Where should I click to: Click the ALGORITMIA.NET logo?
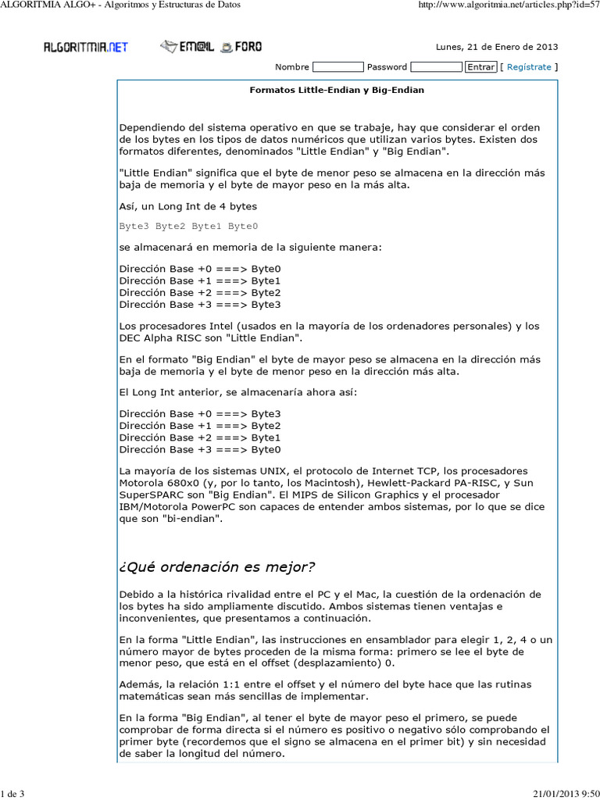click(x=85, y=47)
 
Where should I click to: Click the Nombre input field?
click(x=337, y=67)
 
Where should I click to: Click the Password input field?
click(x=435, y=67)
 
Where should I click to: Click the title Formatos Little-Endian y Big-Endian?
click(x=337, y=90)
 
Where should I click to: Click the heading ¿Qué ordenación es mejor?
click(x=217, y=566)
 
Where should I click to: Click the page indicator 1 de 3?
click(x=13, y=795)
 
